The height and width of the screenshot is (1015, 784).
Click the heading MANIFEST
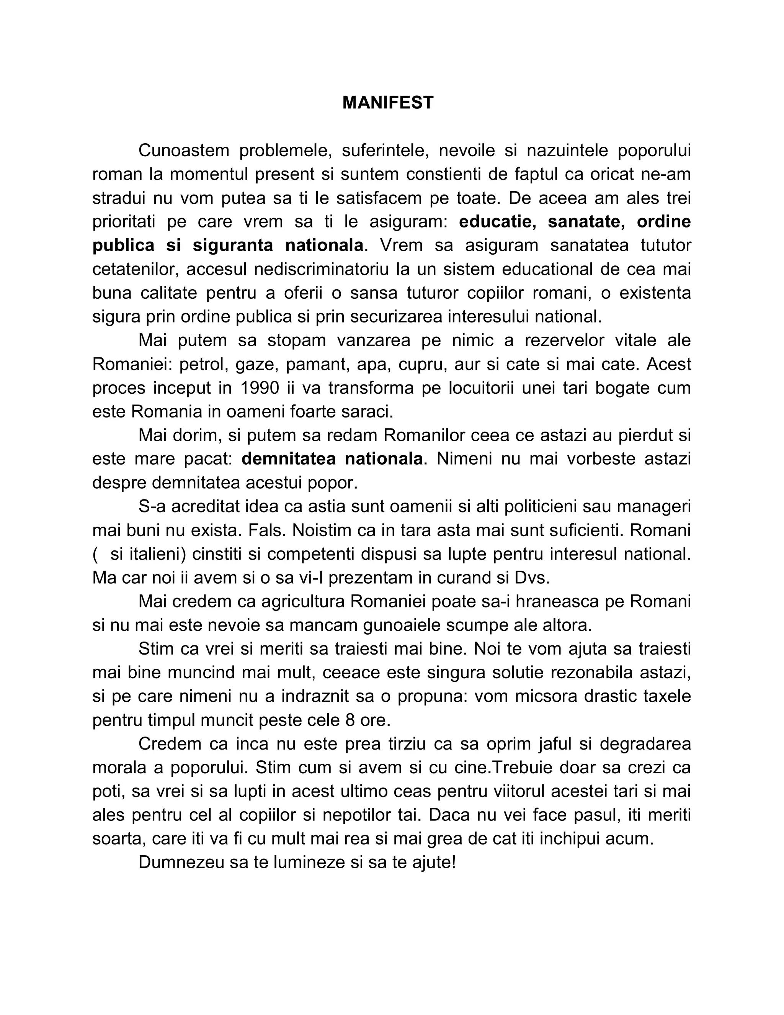pyautogui.click(x=388, y=102)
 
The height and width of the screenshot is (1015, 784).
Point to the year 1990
pyautogui.click(x=260, y=388)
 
